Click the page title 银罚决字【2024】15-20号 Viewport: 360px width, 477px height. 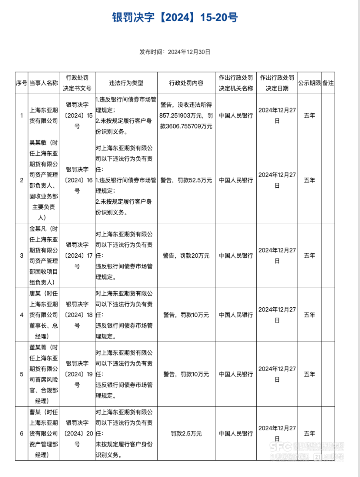[x=175, y=18]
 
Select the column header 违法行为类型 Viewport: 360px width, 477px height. [x=126, y=83]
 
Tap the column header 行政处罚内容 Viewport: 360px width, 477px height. [x=186, y=83]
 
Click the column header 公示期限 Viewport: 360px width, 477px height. [x=309, y=83]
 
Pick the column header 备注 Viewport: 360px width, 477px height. [x=328, y=83]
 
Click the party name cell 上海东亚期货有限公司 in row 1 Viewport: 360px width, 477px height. [x=44, y=116]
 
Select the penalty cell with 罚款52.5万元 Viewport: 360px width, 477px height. [x=186, y=180]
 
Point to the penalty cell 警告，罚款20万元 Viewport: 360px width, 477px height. [x=186, y=255]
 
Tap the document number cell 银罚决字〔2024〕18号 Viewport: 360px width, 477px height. [x=77, y=315]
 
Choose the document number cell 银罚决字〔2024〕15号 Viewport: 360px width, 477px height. [x=77, y=116]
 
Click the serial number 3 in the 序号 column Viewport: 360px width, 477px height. [x=22, y=255]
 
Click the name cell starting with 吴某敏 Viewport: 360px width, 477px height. [x=44, y=180]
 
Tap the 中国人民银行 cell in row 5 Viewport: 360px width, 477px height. [x=236, y=375]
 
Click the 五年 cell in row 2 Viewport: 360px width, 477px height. [x=309, y=180]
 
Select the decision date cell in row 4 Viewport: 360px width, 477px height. [x=277, y=315]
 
